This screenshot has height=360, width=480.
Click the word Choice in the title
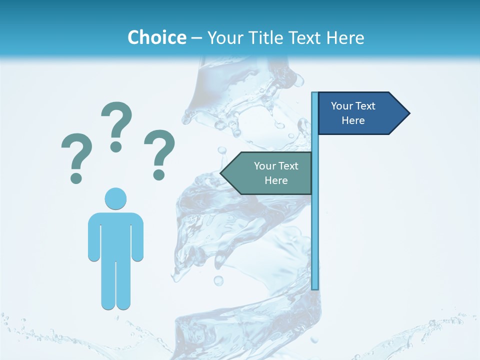(x=156, y=37)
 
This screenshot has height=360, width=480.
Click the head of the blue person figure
(x=115, y=198)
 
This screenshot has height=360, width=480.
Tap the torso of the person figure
(x=115, y=235)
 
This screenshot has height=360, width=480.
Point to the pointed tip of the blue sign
(x=408, y=113)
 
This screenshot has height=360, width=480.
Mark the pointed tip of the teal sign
(x=222, y=173)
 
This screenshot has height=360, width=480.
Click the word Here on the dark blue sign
(x=353, y=120)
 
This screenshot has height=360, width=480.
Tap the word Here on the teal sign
(x=276, y=180)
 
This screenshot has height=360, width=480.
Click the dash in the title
(x=196, y=38)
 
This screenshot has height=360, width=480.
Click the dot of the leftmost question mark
(x=76, y=178)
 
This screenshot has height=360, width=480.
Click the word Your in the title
(x=223, y=37)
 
